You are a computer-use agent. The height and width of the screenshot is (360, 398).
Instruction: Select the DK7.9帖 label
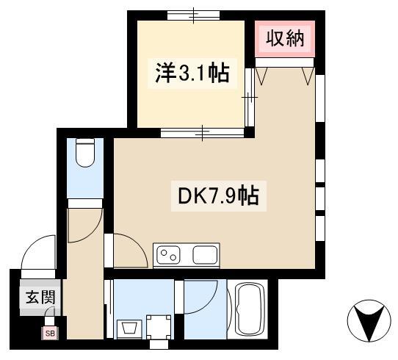(218, 196)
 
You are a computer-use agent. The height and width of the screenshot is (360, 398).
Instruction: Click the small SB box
(51, 333)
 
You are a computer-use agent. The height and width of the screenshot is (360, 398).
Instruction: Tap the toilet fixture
(86, 152)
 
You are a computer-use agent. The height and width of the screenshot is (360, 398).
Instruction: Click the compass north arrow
(370, 321)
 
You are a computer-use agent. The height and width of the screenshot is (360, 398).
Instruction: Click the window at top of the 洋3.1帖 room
(193, 15)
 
